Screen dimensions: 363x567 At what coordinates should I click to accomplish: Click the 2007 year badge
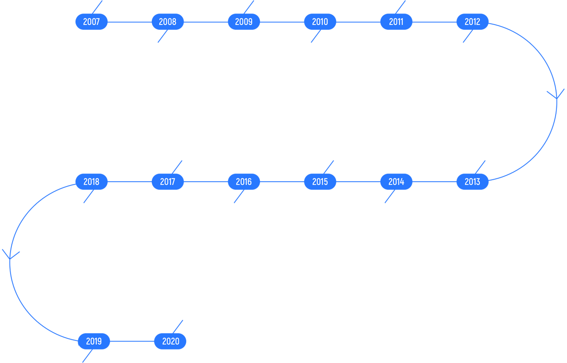[x=91, y=22]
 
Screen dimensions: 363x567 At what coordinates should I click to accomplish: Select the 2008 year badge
[x=167, y=22]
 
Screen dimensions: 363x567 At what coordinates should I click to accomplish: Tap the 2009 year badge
[x=244, y=22]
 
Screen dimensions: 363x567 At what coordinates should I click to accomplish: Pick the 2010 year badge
[x=320, y=22]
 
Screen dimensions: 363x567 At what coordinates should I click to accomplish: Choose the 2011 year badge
[x=396, y=22]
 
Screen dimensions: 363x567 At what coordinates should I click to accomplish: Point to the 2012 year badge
[x=472, y=22]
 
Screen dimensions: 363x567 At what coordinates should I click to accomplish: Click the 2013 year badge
[x=472, y=182]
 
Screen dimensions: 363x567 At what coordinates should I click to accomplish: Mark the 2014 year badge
[x=396, y=182]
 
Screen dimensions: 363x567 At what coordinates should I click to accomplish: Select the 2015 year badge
[x=320, y=182]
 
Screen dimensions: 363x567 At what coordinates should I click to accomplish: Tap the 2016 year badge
[x=244, y=182]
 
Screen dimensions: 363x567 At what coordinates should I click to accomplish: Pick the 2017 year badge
[x=167, y=182]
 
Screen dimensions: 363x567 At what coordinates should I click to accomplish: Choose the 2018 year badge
[x=91, y=182]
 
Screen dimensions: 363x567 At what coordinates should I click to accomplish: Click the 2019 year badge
[x=94, y=341]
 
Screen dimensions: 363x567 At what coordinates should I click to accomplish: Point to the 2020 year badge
[x=170, y=341]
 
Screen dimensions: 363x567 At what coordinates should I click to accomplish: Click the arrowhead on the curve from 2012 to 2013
[x=556, y=95]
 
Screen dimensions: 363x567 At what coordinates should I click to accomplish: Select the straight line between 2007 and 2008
[x=129, y=22]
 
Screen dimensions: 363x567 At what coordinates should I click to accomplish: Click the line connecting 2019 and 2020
[x=132, y=341]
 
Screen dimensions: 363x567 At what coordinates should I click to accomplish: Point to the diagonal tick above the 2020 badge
[x=178, y=326]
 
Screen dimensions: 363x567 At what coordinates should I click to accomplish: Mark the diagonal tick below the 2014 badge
[x=389, y=197]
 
